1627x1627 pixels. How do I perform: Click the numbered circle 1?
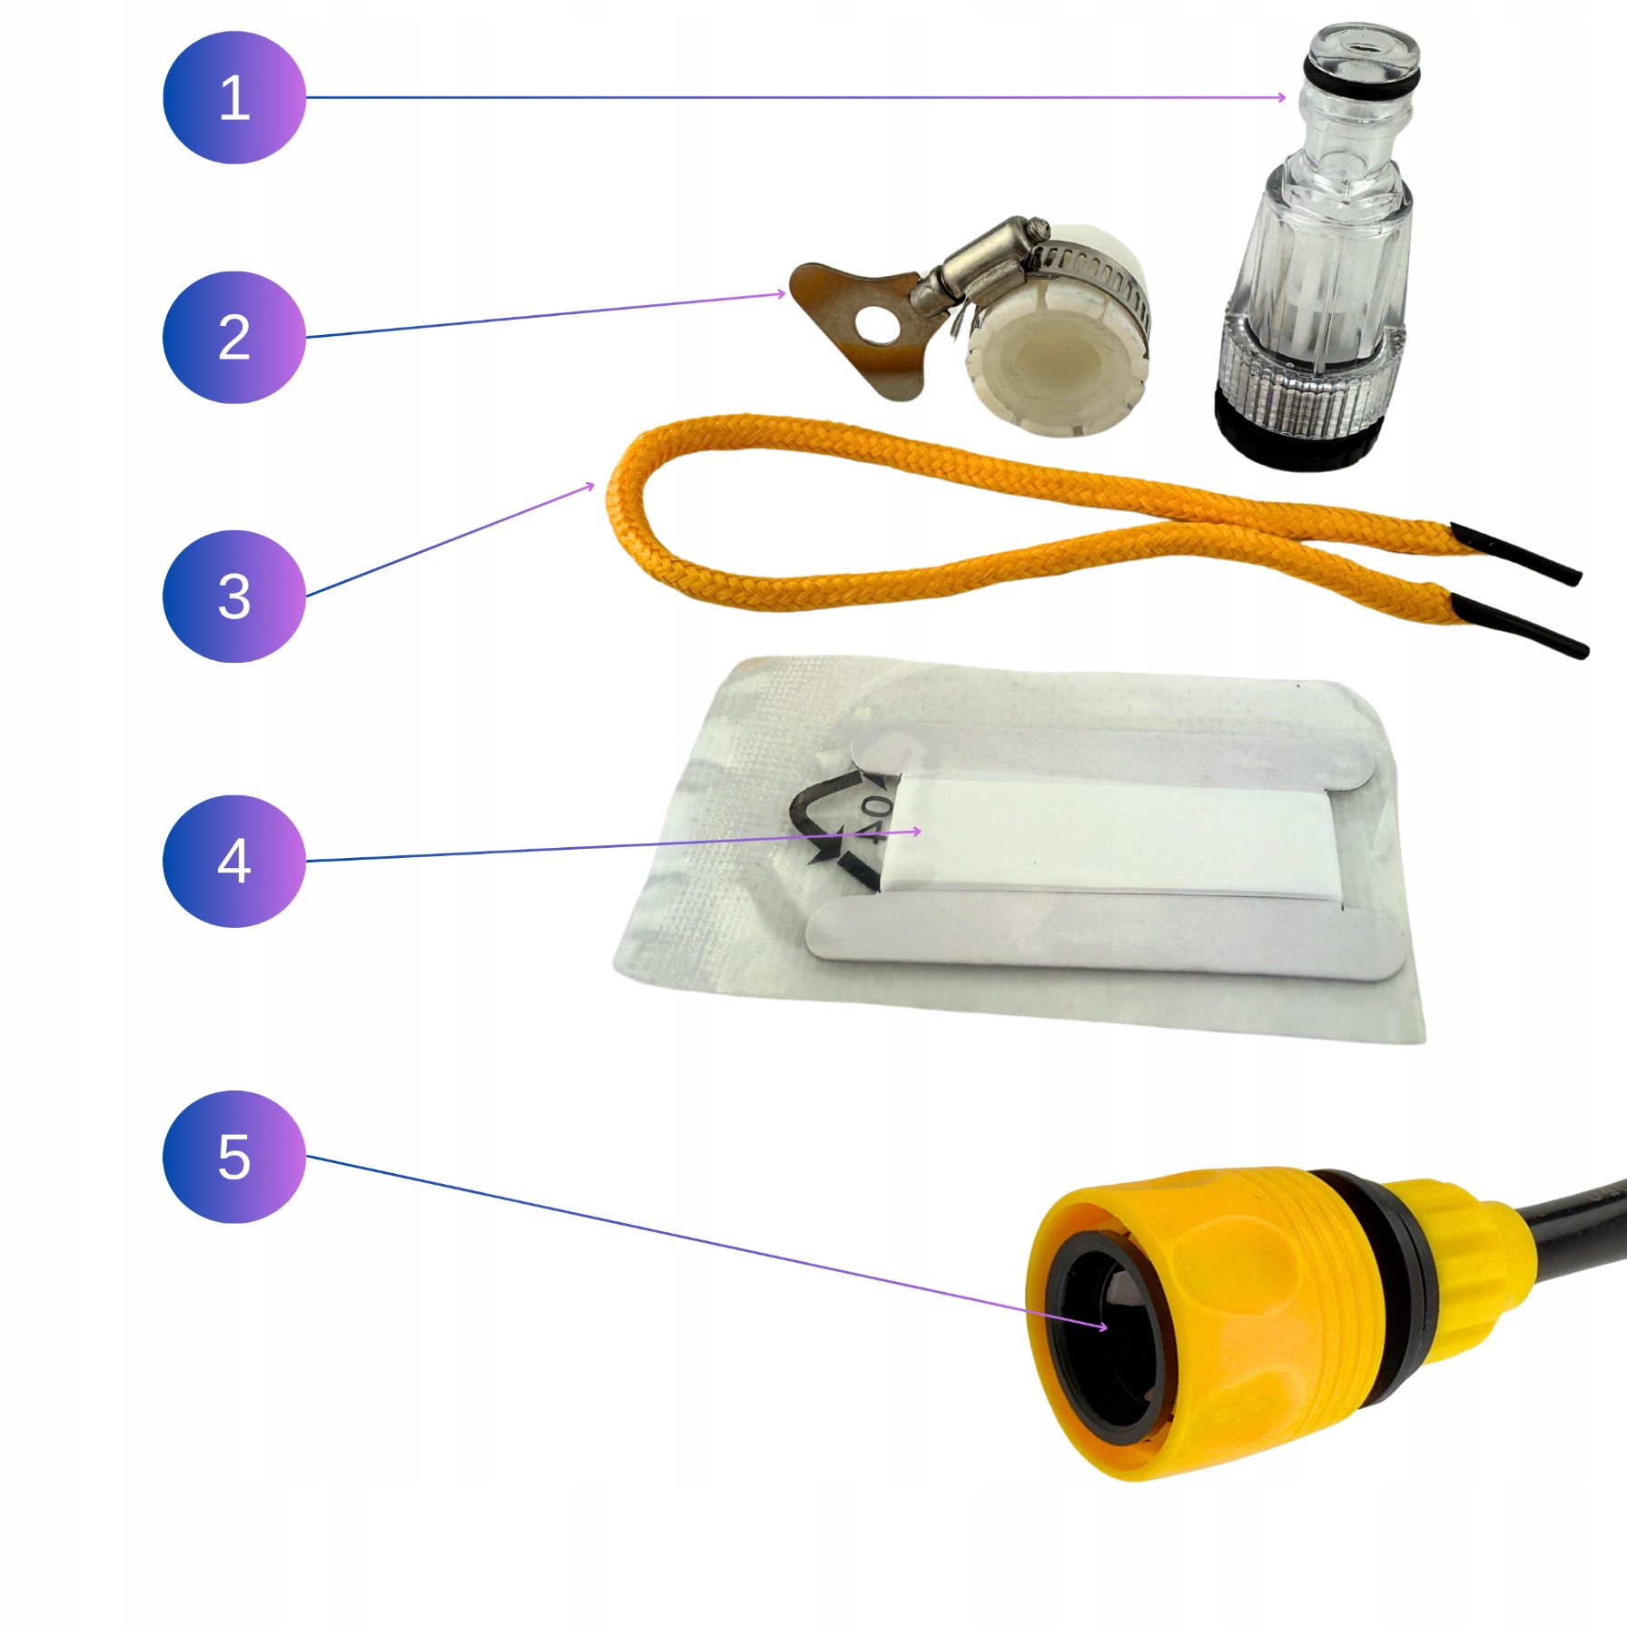(234, 97)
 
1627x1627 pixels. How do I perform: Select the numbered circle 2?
(234, 337)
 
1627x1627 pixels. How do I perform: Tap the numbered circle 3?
(234, 596)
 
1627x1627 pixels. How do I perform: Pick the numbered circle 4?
(234, 861)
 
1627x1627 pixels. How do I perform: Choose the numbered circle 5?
(234, 1156)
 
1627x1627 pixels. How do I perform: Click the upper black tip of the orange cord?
(1515, 553)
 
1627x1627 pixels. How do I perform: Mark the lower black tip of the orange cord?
(1520, 626)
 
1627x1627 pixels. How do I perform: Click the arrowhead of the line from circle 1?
(1281, 97)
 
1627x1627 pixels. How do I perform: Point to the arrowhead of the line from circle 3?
(589, 488)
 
